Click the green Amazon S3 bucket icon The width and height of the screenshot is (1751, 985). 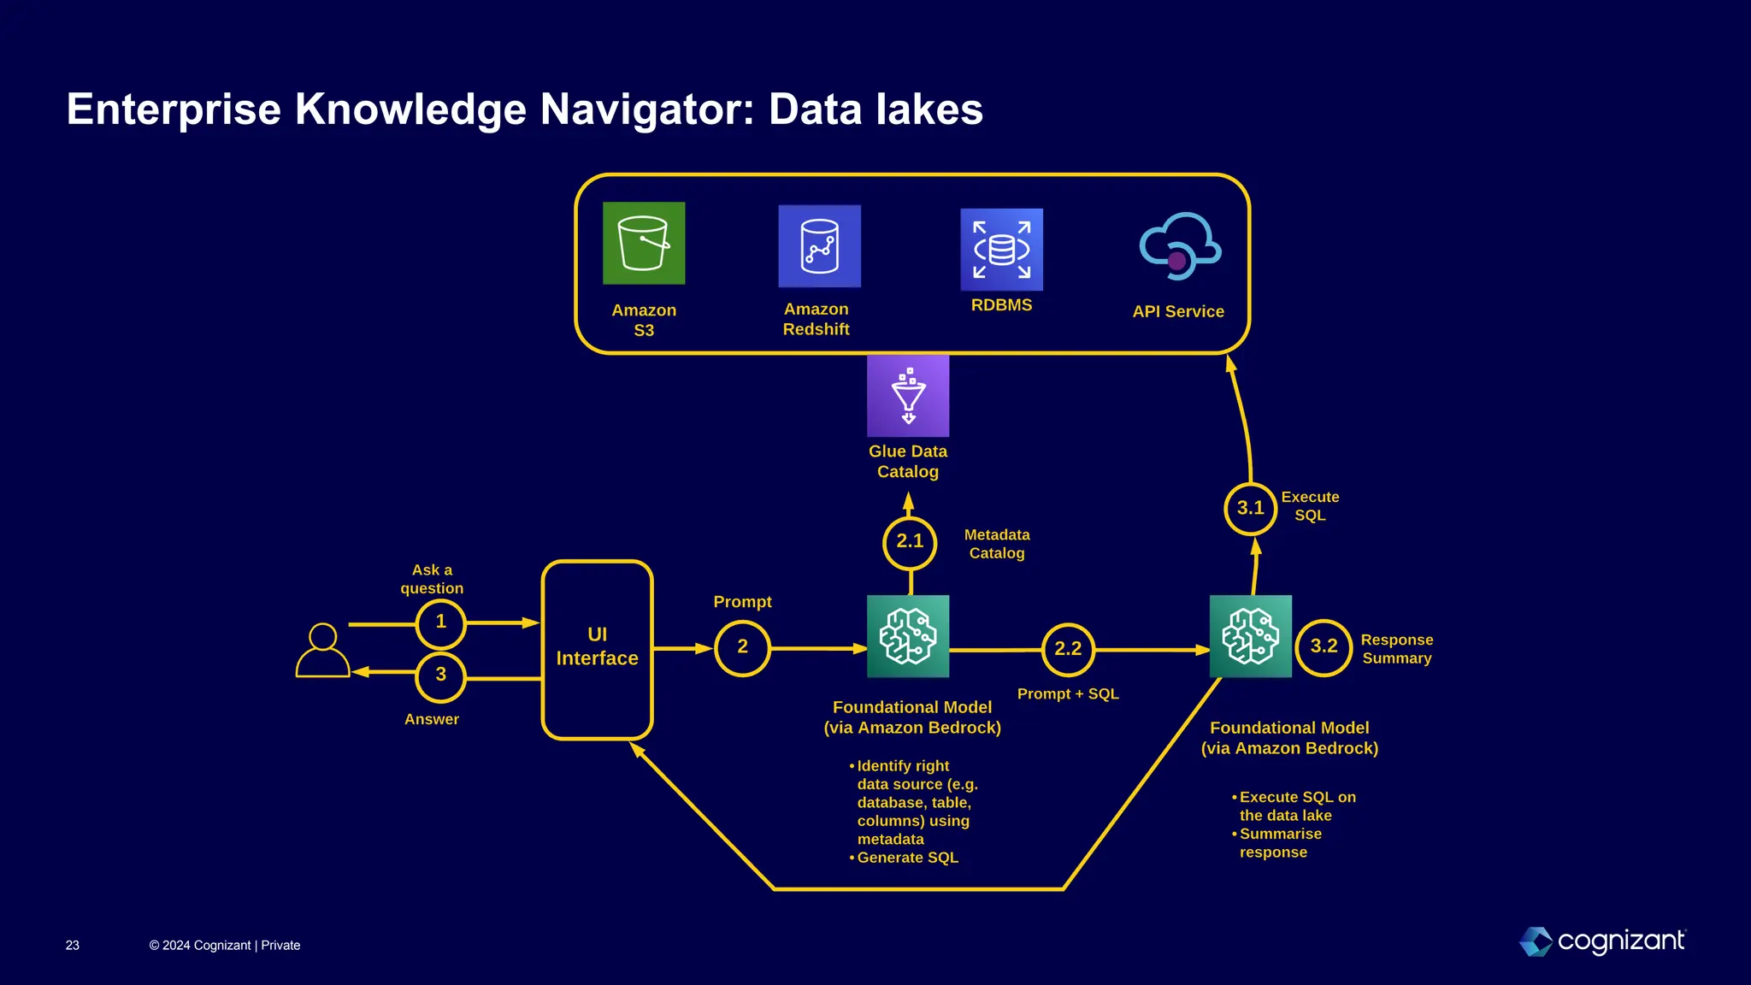pyautogui.click(x=644, y=244)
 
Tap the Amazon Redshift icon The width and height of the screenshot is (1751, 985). pyautogui.click(x=819, y=246)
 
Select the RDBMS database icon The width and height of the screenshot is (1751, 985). pyautogui.click(x=1001, y=250)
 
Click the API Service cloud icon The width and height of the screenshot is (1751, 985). pyautogui.click(x=1180, y=247)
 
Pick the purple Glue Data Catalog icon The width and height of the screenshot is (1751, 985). pyautogui.click(x=908, y=396)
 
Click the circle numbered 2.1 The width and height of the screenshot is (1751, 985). pyautogui.click(x=910, y=542)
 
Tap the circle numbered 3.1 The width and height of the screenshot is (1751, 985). pyautogui.click(x=1250, y=509)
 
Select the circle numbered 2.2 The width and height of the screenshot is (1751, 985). pyautogui.click(x=1068, y=649)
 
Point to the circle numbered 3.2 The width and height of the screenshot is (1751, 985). pyautogui.click(x=1324, y=647)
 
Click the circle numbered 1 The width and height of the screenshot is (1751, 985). pyautogui.click(x=441, y=622)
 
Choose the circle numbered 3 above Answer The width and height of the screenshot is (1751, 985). pyautogui.click(x=441, y=675)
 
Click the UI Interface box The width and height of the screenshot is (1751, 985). pyautogui.click(x=598, y=649)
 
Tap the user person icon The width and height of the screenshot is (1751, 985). pyautogui.click(x=323, y=651)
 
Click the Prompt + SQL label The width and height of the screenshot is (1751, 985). pyautogui.click(x=1068, y=694)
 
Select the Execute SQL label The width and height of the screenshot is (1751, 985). pyautogui.click(x=1310, y=506)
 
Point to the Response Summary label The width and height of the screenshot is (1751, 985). pyautogui.click(x=1396, y=649)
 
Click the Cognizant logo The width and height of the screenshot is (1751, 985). pyautogui.click(x=1602, y=941)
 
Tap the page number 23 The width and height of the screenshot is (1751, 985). pyautogui.click(x=73, y=946)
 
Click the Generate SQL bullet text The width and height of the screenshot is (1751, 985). pyautogui.click(x=907, y=858)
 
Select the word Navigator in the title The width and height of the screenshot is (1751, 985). pyautogui.click(x=647, y=109)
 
